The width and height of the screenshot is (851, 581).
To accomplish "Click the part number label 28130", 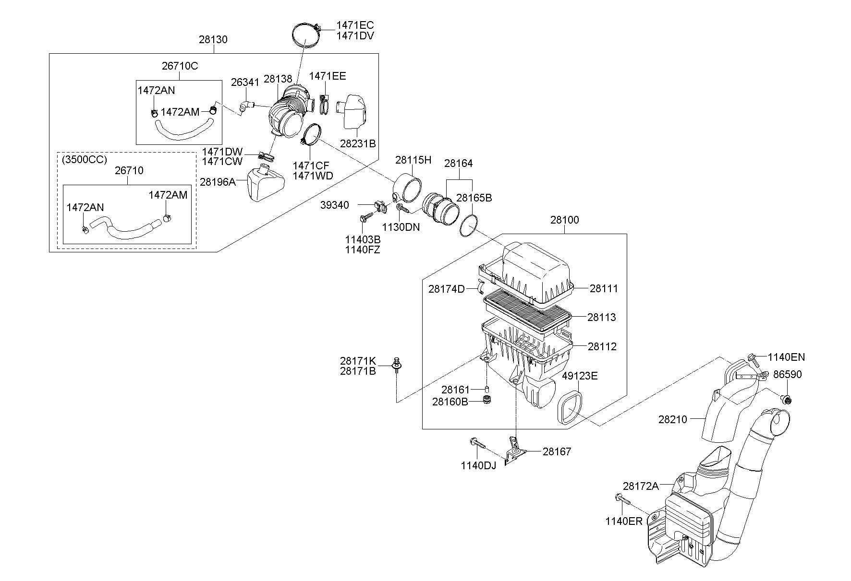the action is tap(213, 39).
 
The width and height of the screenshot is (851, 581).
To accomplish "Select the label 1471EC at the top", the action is tap(355, 25).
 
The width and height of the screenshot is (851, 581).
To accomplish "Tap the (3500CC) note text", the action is tap(85, 159).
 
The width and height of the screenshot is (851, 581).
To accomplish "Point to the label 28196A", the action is tap(218, 182).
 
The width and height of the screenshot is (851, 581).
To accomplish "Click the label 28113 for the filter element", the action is tap(602, 317).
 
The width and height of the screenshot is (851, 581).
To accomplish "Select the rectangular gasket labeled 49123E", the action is tap(570, 407).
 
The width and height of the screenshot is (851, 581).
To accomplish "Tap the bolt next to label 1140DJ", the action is tap(477, 443).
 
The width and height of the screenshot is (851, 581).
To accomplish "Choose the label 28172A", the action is tap(641, 486).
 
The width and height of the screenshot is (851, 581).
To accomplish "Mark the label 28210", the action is tap(673, 419).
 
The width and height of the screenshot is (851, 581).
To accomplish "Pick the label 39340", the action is tap(335, 205).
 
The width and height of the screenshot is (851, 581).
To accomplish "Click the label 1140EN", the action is tap(786, 357).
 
